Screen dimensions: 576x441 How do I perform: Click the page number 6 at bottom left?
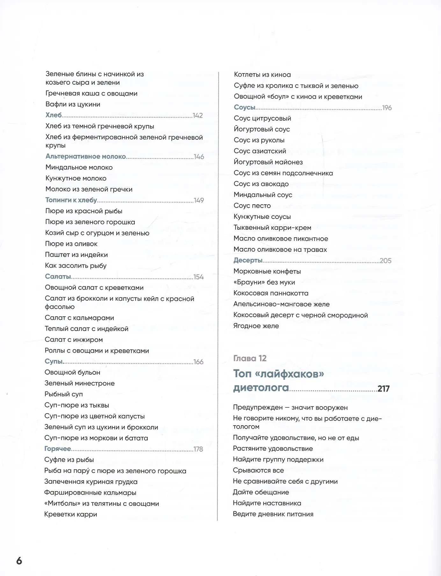click(x=19, y=561)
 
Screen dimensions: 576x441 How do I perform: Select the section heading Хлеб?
click(x=54, y=115)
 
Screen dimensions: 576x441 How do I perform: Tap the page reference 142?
click(x=198, y=115)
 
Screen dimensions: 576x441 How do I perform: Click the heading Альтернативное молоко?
click(x=85, y=156)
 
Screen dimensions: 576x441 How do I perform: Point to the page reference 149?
click(x=199, y=200)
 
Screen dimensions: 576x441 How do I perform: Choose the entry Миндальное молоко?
click(x=79, y=167)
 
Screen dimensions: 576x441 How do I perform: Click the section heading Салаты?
click(x=58, y=277)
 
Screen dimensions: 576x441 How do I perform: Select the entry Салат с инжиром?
click(x=74, y=340)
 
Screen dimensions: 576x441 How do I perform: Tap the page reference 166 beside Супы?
click(x=198, y=362)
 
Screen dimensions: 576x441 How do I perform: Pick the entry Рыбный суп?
click(x=64, y=394)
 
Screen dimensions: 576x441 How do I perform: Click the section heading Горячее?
click(x=58, y=449)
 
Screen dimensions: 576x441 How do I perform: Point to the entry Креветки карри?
click(x=71, y=514)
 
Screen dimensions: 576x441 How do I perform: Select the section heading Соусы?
click(x=244, y=107)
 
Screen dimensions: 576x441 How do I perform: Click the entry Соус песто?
click(x=252, y=205)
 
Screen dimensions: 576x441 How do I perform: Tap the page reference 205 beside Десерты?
click(x=386, y=261)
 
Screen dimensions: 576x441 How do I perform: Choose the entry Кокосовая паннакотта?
click(x=271, y=293)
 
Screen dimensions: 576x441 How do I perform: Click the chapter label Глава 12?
click(x=250, y=358)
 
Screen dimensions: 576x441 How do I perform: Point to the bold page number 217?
click(x=383, y=389)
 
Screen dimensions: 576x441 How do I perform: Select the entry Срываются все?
click(x=258, y=470)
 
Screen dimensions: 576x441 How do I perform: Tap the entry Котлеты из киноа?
click(x=262, y=75)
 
